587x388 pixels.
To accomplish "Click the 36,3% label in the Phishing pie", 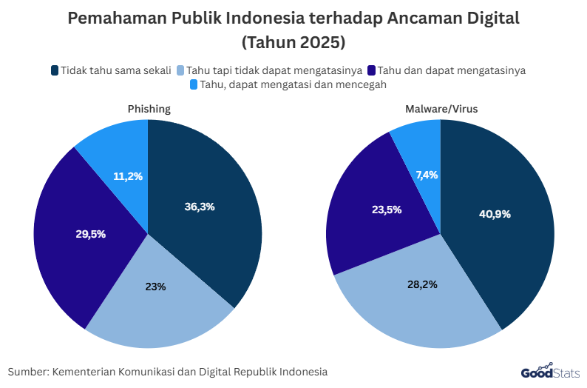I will click(200, 207).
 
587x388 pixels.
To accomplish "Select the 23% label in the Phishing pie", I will click(155, 286).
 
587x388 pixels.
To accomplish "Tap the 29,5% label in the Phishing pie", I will click(90, 234).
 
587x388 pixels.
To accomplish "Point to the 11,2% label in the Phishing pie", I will click(128, 176).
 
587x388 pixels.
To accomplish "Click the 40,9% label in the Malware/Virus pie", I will click(495, 214).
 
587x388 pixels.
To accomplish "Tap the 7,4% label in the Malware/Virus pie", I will click(427, 175).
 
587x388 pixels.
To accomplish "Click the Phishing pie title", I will click(149, 109).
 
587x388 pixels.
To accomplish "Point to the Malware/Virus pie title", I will click(441, 109).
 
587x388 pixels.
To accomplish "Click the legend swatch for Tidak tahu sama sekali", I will click(55, 71).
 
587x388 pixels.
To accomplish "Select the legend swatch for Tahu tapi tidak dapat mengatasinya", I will click(180, 71).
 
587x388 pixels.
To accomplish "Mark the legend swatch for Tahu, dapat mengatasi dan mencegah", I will click(194, 85).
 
